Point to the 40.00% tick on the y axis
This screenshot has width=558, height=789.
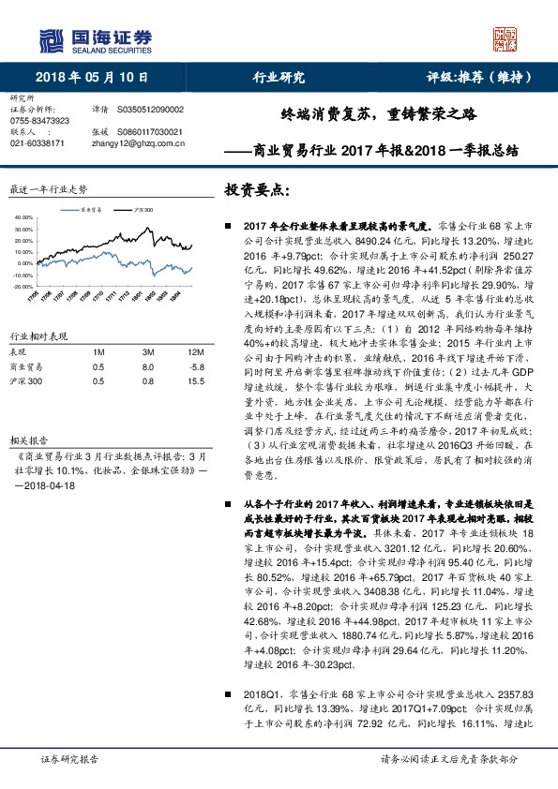point(24,216)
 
